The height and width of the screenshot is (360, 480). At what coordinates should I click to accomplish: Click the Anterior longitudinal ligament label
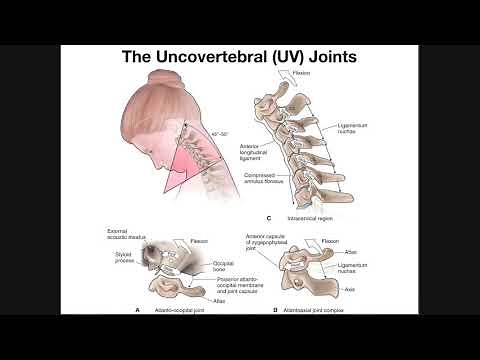tap(257, 151)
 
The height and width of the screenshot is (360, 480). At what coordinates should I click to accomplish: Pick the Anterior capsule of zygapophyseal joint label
tap(271, 240)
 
